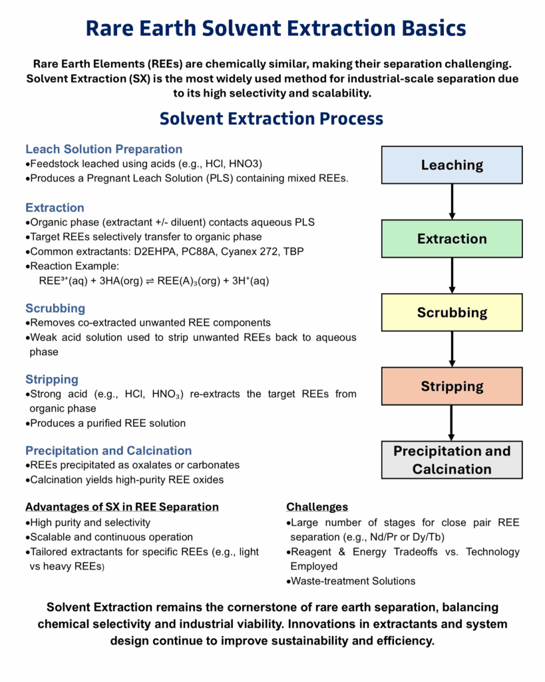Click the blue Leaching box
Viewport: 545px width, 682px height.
(x=452, y=165)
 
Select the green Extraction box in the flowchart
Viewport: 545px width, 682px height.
(x=452, y=238)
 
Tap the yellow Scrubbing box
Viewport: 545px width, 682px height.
(x=452, y=312)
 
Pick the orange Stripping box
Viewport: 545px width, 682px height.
(x=452, y=386)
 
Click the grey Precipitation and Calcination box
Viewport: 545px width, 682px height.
(x=452, y=460)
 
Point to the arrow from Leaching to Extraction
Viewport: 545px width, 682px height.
(x=452, y=202)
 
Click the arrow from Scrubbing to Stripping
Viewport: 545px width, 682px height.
(x=452, y=349)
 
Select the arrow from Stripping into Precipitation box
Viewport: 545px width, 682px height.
(x=452, y=423)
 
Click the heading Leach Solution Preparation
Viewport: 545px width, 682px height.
(x=104, y=149)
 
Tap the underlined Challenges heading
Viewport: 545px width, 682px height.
(x=317, y=507)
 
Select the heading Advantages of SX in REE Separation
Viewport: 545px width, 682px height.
(x=122, y=507)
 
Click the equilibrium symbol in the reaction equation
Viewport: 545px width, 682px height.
(x=150, y=281)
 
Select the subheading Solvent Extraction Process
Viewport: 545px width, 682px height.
(x=272, y=119)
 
